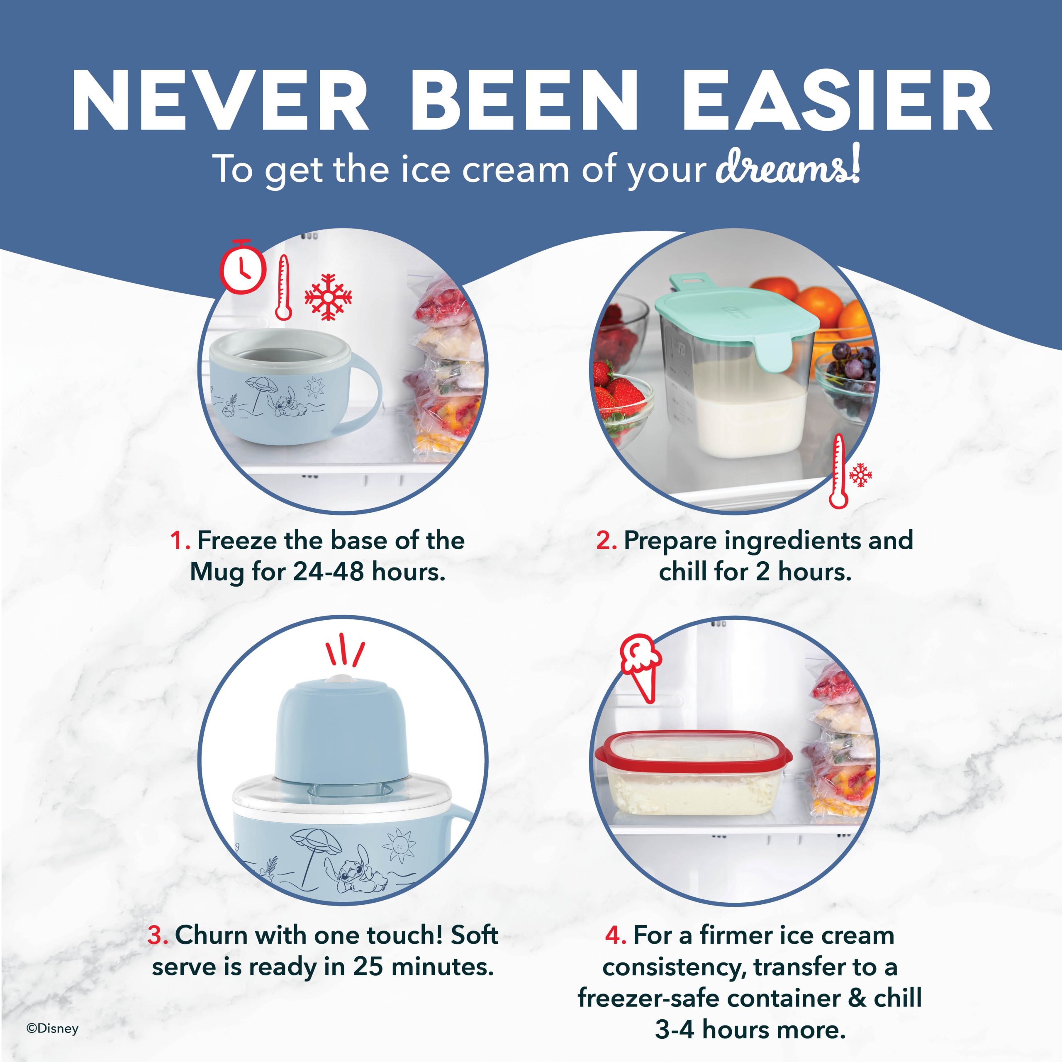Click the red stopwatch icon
coord(244,267)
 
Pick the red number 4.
coord(616,935)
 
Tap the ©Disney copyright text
coord(53,1029)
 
